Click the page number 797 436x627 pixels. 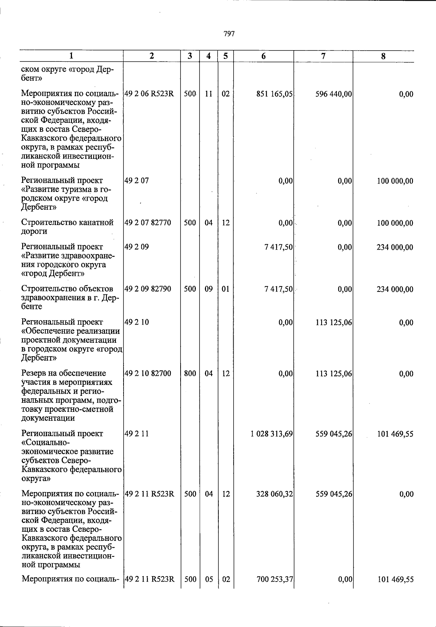(229, 34)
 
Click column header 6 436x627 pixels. (263, 56)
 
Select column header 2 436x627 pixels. (152, 56)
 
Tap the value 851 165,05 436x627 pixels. (274, 94)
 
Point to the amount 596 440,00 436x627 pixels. (334, 94)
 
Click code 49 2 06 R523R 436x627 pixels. (149, 94)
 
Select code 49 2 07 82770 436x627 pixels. (148, 223)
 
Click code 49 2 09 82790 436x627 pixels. (148, 289)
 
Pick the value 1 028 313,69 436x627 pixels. (271, 434)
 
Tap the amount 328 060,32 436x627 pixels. (274, 494)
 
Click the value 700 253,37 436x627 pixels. (274, 579)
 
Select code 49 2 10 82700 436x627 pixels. (148, 374)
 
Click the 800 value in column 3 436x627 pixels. (190, 374)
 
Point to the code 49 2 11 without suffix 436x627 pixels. (137, 434)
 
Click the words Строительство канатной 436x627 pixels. (67, 222)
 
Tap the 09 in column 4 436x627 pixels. (209, 289)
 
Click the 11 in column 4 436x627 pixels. (209, 94)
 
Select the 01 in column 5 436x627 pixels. (226, 289)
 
